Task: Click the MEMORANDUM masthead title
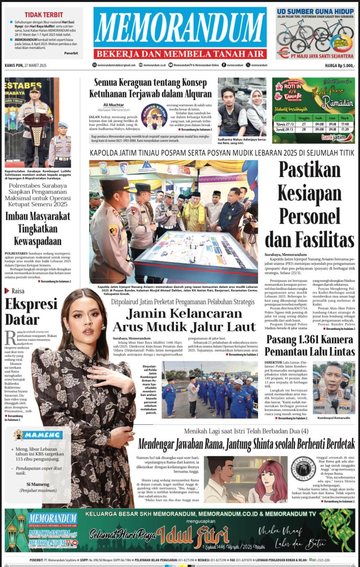[180, 28]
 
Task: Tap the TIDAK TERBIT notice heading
[43, 15]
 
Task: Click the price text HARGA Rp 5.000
[340, 66]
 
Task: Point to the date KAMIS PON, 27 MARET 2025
[26, 66]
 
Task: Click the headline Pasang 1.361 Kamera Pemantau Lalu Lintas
[310, 346]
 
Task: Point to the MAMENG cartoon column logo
[38, 435]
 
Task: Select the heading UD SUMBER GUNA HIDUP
[315, 12]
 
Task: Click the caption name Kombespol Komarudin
[334, 418]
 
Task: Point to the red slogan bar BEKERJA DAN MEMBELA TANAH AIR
[180, 54]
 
